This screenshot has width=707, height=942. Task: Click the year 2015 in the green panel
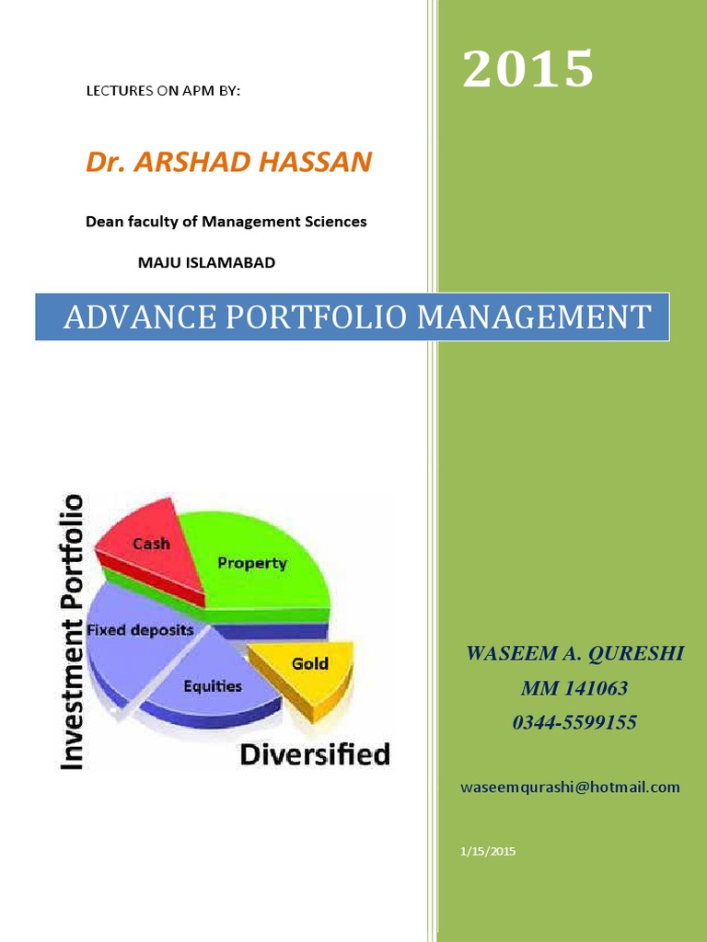(x=528, y=70)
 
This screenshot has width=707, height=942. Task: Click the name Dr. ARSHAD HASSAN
(x=228, y=163)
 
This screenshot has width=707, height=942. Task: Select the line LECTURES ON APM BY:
(x=162, y=92)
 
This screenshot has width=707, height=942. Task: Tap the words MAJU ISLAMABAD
(x=206, y=263)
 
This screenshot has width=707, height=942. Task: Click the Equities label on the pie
(x=213, y=685)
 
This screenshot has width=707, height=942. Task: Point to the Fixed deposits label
(x=140, y=631)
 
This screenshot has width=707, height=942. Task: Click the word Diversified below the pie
(x=315, y=755)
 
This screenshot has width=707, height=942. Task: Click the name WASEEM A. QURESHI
(x=574, y=654)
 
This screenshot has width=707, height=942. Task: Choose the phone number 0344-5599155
(x=574, y=723)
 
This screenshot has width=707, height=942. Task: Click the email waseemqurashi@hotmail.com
(x=570, y=787)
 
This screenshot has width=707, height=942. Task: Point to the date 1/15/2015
(x=488, y=852)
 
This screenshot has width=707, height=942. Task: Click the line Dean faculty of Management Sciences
(x=226, y=222)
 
